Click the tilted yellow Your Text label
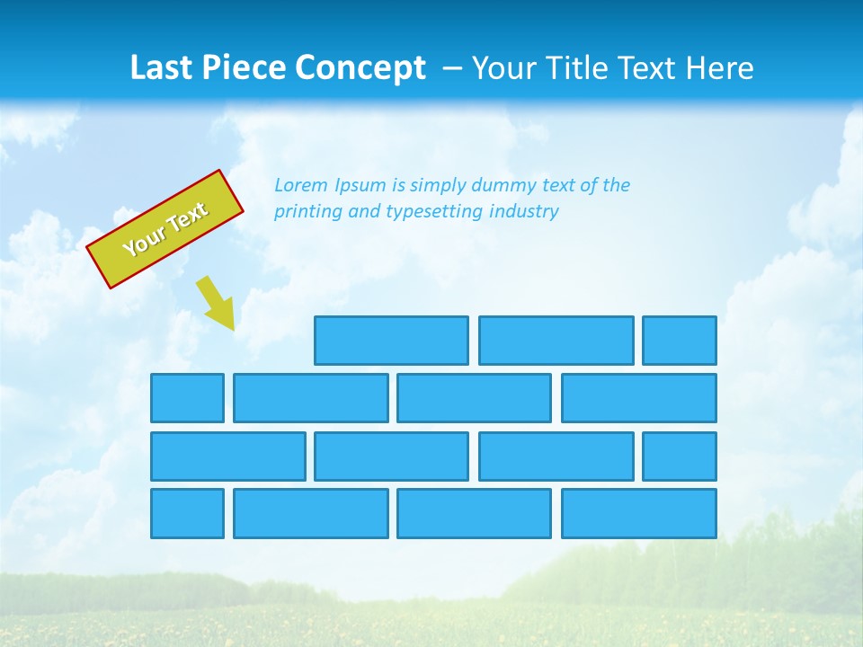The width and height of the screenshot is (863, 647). coord(165,229)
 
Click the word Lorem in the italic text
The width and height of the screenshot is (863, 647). coord(301,185)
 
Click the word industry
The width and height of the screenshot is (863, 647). coord(524,212)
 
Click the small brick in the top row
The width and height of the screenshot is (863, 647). coord(680,341)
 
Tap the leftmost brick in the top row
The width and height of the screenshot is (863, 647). coord(391,341)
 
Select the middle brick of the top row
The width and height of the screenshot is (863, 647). coord(556,341)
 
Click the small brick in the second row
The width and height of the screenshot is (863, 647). coord(187,398)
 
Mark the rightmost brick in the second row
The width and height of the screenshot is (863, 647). coord(639,398)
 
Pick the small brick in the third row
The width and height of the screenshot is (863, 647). coord(680,456)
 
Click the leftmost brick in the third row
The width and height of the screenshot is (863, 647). coord(228,456)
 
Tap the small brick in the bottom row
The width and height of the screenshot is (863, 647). coord(187,514)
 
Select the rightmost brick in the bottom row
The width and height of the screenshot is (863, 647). coord(639,514)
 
